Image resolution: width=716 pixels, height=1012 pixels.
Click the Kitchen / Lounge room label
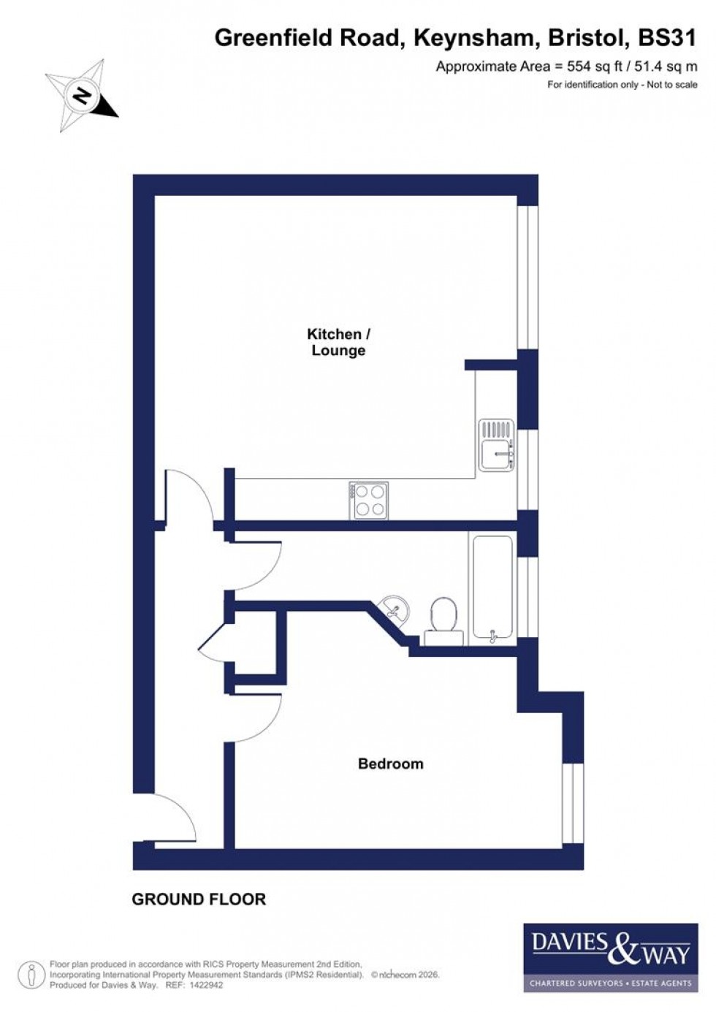(338, 342)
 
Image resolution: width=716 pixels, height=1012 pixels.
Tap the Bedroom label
(390, 764)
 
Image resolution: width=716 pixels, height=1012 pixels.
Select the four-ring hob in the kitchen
(368, 501)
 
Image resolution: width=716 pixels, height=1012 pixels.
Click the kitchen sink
(496, 445)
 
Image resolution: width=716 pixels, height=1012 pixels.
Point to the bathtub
(493, 587)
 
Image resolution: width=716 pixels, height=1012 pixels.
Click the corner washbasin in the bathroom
(395, 608)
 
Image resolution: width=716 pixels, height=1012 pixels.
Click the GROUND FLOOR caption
(199, 899)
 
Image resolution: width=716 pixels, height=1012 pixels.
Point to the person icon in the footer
(31, 975)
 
